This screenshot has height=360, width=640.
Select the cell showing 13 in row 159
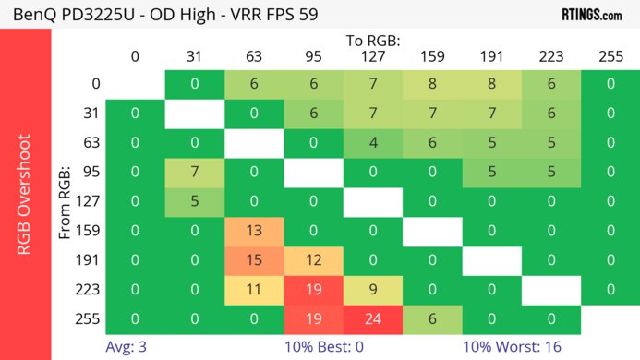click(x=253, y=231)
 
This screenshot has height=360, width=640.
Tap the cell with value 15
click(x=253, y=259)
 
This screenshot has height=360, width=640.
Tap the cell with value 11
click(x=253, y=288)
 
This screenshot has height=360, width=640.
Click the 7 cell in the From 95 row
click(x=194, y=172)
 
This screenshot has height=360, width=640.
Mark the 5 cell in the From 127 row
click(x=194, y=201)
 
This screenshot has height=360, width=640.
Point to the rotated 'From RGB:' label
click(x=66, y=201)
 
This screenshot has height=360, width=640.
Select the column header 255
click(x=610, y=56)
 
